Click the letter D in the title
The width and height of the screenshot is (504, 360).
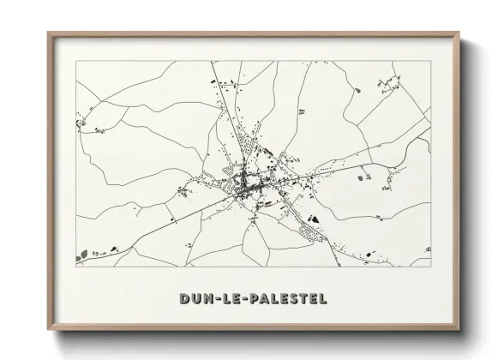point(185,299)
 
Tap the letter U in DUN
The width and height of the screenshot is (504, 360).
point(197,299)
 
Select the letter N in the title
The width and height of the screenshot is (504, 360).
point(210,299)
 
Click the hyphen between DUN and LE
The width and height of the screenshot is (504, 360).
point(219,299)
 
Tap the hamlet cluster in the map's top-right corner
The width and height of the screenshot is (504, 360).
point(390,85)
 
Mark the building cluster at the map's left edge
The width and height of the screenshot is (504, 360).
point(82,123)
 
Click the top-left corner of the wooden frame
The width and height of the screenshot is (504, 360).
point(49,33)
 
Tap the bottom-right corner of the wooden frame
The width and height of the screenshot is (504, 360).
point(459,330)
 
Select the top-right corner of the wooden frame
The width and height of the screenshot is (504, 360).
point(459,33)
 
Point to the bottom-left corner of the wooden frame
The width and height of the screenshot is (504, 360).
point(49,330)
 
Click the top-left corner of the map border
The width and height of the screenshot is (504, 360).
point(76,61)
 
